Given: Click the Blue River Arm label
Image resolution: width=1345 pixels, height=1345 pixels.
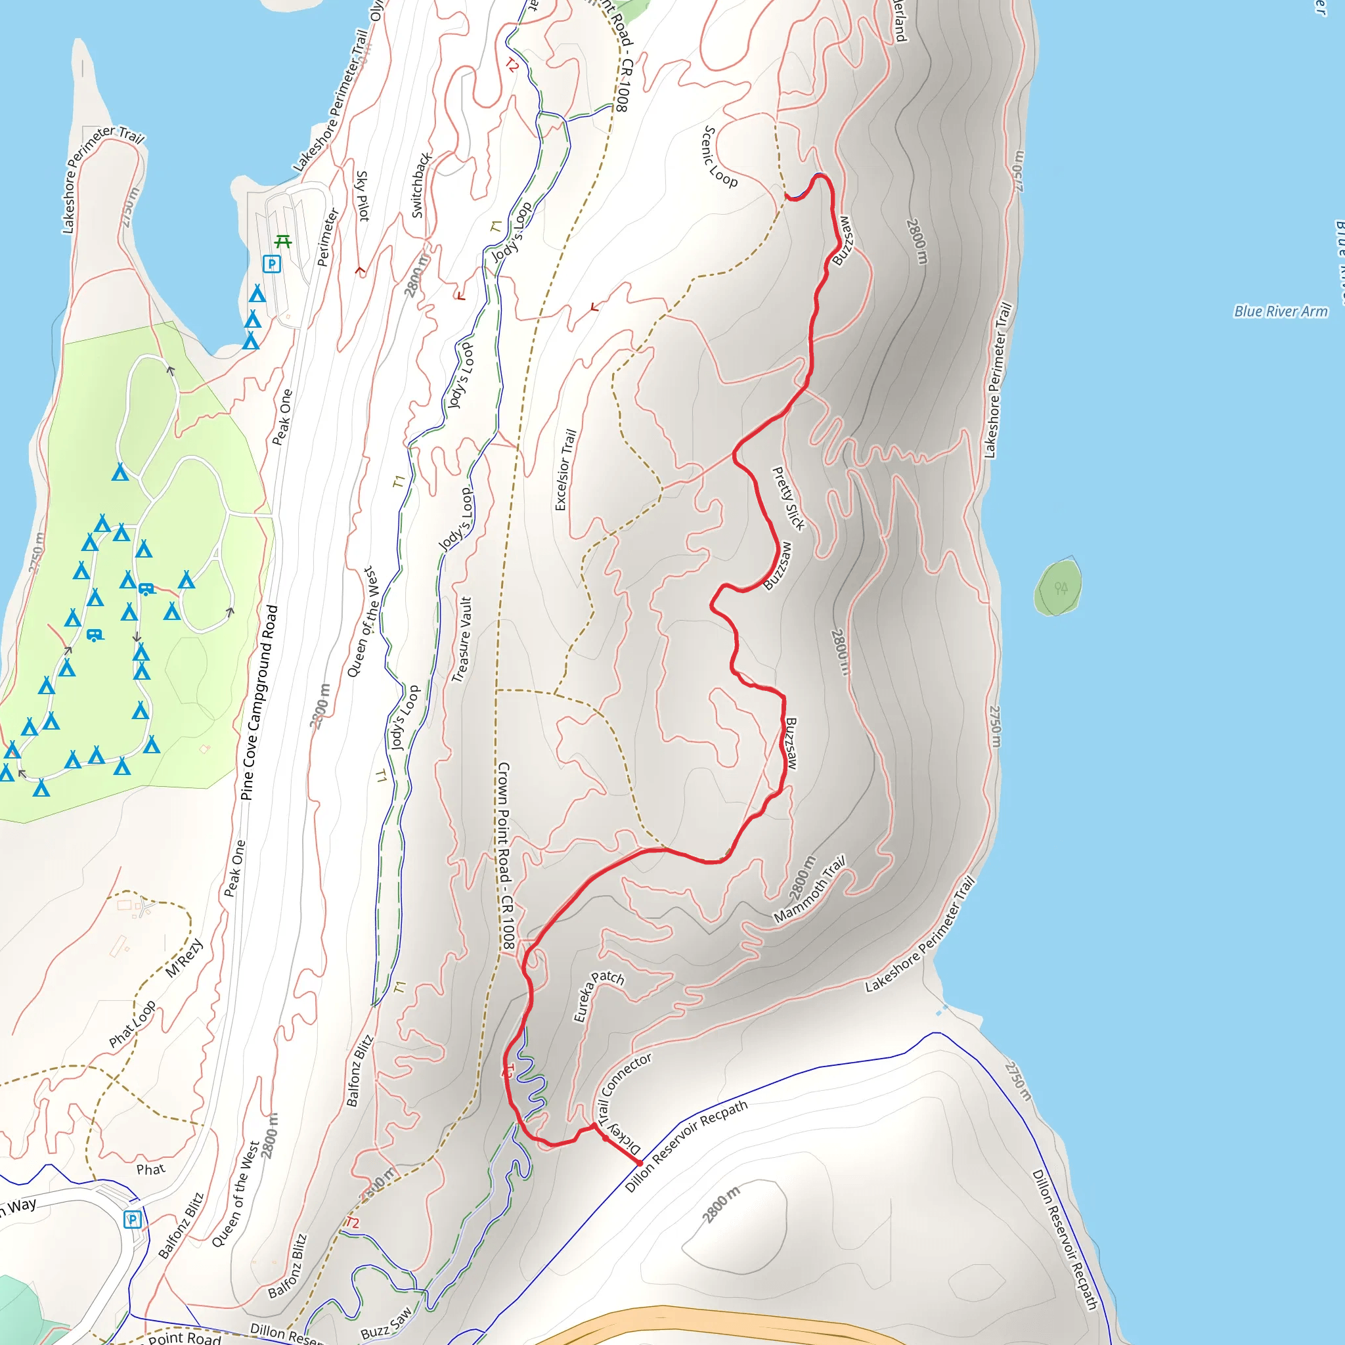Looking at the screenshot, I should click(x=1280, y=311).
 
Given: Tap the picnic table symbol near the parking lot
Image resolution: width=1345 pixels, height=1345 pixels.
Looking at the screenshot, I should click(x=282, y=242).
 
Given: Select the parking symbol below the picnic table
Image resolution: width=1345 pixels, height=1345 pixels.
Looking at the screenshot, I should click(x=271, y=264).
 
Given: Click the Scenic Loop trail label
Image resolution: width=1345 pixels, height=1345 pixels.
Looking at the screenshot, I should click(x=719, y=157).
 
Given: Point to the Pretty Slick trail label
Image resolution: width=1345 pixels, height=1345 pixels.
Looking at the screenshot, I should click(x=788, y=498).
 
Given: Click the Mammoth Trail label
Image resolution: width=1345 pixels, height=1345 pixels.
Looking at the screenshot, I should click(x=810, y=889).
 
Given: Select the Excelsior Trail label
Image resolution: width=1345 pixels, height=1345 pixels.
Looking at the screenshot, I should click(x=565, y=470).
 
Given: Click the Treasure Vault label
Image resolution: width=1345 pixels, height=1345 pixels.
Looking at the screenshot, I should click(x=462, y=640).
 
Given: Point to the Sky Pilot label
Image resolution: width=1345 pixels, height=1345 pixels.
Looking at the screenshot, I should click(x=362, y=196).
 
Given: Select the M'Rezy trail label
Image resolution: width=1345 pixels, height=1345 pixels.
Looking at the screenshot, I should click(x=185, y=958).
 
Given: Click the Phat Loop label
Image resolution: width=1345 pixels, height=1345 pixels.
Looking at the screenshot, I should click(x=132, y=1024).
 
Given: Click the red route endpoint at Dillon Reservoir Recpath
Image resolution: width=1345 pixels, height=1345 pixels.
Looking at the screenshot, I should click(x=640, y=1163).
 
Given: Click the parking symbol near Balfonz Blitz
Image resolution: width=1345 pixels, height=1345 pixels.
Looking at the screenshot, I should click(x=132, y=1220).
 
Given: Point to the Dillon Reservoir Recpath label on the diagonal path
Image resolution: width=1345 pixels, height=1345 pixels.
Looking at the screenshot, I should click(x=686, y=1146).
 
